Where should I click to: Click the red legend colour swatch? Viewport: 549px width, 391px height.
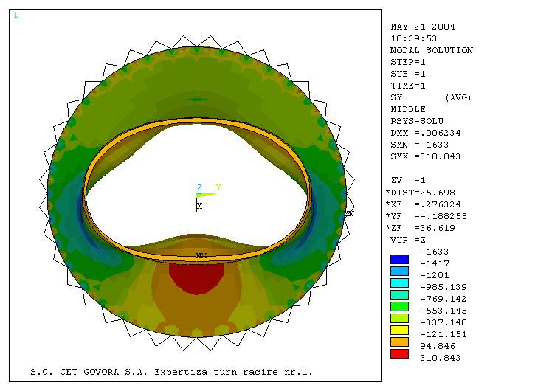[399, 353]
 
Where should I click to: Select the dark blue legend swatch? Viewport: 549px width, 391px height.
[399, 259]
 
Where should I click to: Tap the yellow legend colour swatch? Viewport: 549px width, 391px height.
[399, 330]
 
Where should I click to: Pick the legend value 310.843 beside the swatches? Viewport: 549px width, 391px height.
[440, 358]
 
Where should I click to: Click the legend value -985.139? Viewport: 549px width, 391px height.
[443, 287]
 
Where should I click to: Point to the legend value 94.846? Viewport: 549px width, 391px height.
[438, 346]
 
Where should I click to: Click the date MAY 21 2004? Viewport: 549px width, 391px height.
[423, 27]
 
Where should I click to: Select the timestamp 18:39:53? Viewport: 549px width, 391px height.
[413, 38]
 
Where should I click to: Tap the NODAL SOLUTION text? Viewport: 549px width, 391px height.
[432, 50]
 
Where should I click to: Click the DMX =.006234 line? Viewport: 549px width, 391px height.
[426, 133]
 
